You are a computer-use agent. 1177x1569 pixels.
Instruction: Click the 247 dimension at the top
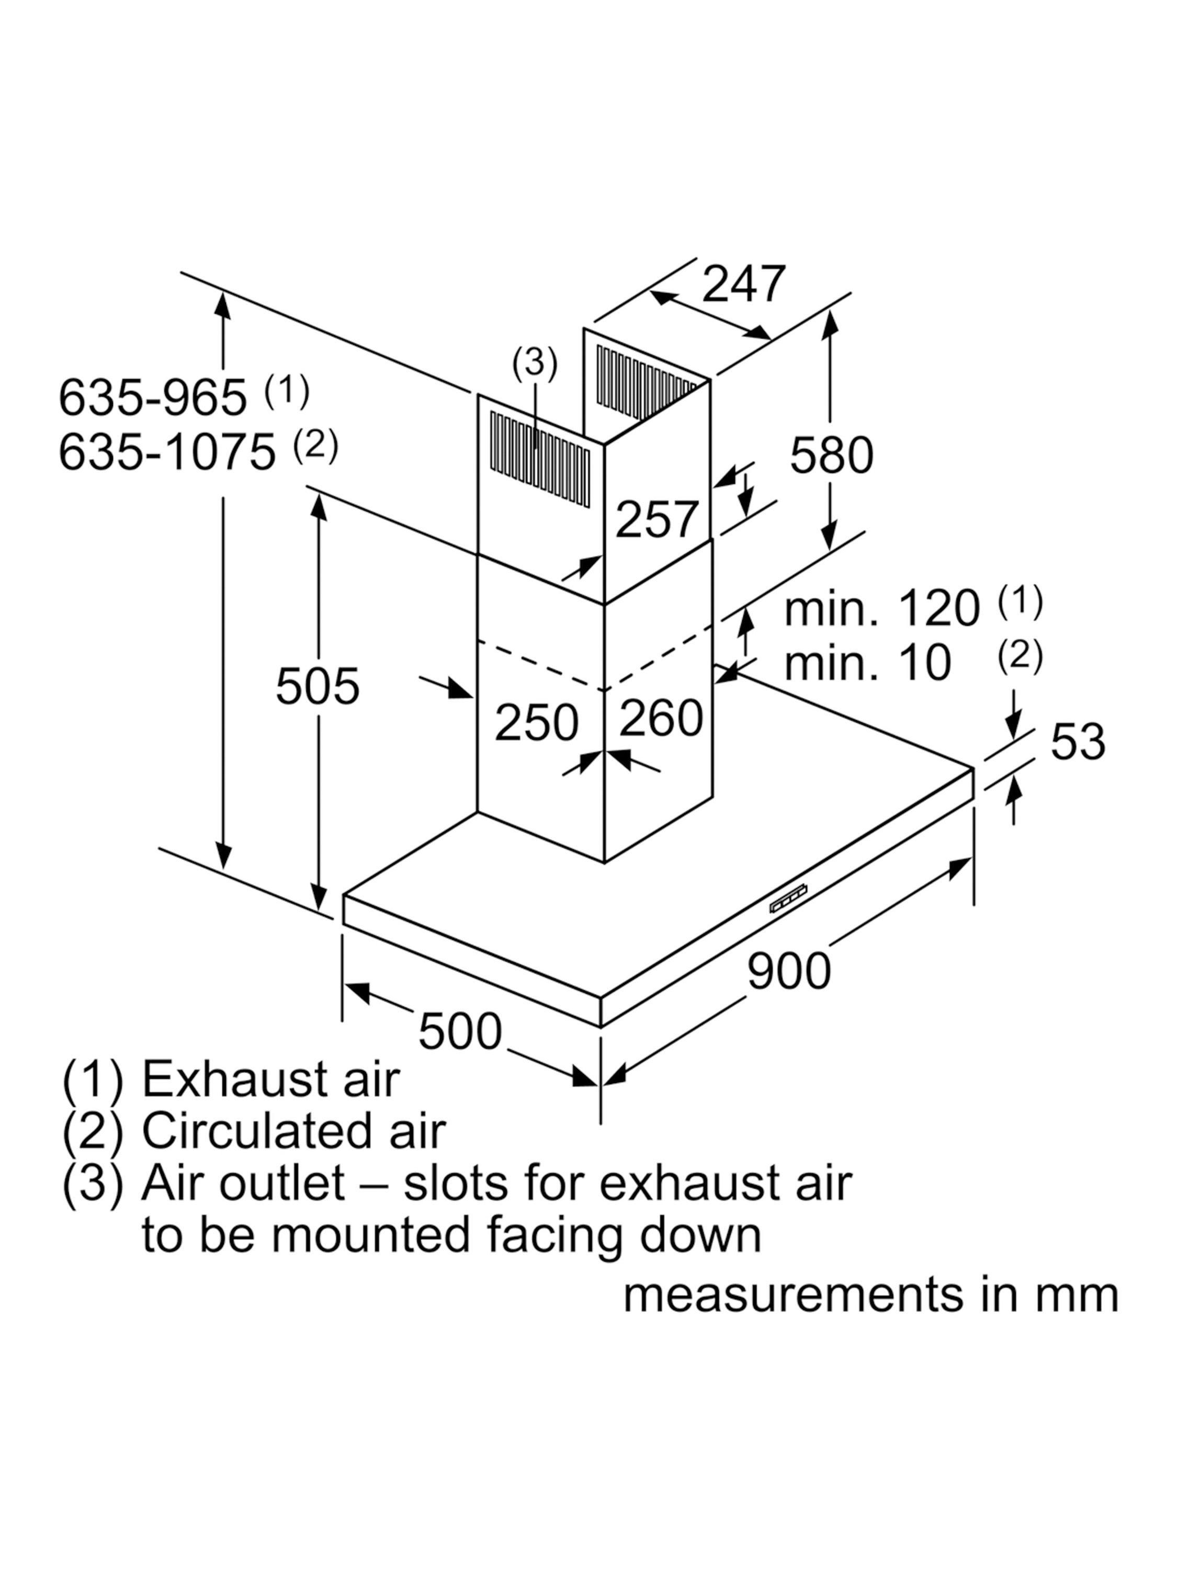click(x=743, y=285)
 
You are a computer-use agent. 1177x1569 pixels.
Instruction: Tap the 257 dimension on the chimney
click(x=657, y=520)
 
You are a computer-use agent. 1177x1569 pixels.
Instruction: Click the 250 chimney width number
click(x=536, y=723)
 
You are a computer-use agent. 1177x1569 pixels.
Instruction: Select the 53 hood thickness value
click(x=1077, y=742)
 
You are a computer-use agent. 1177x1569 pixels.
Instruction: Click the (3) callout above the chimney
click(x=535, y=362)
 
